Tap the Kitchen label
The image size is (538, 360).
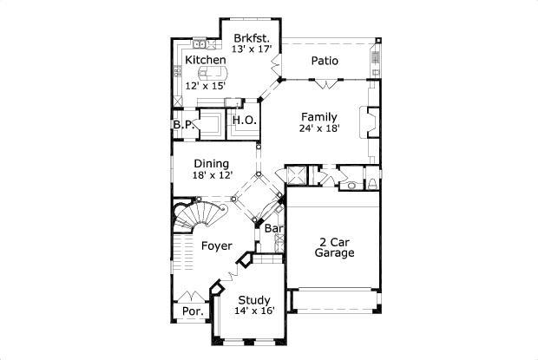coord(206,60)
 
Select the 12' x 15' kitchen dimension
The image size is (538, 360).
coord(205,86)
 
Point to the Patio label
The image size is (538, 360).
coord(324,61)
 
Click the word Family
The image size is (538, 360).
coord(319,116)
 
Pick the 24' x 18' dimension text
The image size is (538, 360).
coord(319,128)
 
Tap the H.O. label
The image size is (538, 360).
coord(245,121)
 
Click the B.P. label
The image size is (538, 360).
coord(182,124)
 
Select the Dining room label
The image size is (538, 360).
coord(211,163)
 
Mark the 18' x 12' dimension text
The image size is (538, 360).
coord(212,175)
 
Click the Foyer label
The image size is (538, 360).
coord(216,246)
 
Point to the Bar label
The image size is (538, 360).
coord(274,229)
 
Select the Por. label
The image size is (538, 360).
coord(192,311)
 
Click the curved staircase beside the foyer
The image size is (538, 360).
coord(193,219)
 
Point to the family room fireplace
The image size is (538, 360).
coord(372,124)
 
